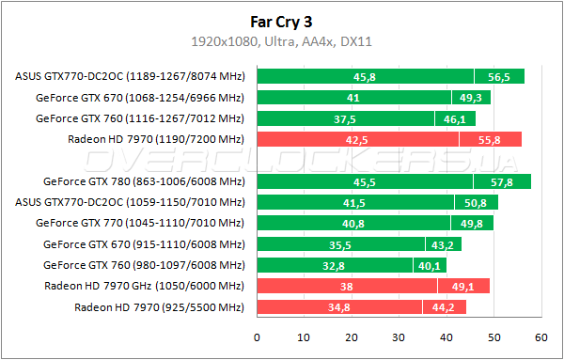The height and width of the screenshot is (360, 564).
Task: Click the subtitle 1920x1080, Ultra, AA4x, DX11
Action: (282, 41)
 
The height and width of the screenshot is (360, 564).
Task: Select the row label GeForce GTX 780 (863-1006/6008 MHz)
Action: (144, 181)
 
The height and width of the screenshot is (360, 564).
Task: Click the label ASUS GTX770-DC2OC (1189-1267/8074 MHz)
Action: (130, 76)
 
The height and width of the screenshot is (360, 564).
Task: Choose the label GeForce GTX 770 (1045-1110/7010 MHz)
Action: (140, 224)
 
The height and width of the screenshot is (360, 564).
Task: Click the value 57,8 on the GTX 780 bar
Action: (502, 181)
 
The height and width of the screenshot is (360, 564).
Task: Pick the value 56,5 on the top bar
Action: (497, 76)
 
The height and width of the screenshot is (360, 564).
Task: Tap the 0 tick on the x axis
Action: (257, 337)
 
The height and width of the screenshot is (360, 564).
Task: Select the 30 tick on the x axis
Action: (399, 337)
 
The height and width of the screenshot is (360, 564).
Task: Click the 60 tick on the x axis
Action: (540, 337)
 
